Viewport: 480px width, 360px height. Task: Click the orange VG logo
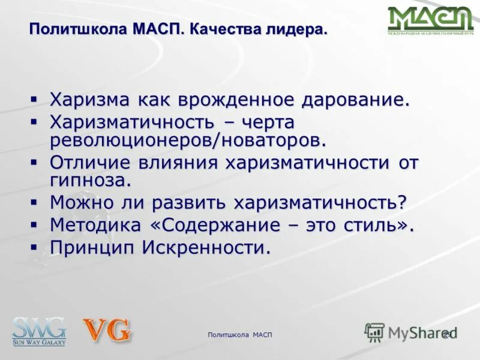coord(107,331)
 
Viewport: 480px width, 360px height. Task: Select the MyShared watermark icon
coord(375,332)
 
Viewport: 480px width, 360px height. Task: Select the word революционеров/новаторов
coord(188,140)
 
